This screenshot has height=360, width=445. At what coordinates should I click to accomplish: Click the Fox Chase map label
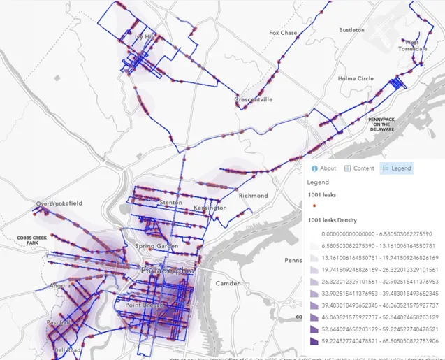[x=283, y=33]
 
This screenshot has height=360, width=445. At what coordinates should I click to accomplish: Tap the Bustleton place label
[x=351, y=30]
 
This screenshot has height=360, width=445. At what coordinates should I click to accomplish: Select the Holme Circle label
[x=356, y=79]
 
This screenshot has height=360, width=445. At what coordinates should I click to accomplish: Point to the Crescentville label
[x=254, y=100]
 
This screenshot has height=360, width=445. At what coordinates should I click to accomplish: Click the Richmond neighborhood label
[x=253, y=196]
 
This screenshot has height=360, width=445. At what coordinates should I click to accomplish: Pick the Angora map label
[x=60, y=286]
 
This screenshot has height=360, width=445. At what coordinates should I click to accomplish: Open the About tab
[x=323, y=168]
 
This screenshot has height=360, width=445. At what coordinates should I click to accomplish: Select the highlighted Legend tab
[x=396, y=168]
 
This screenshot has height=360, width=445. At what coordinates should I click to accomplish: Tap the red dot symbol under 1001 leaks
[x=315, y=207]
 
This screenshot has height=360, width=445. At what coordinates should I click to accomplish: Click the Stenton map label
[x=170, y=203]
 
